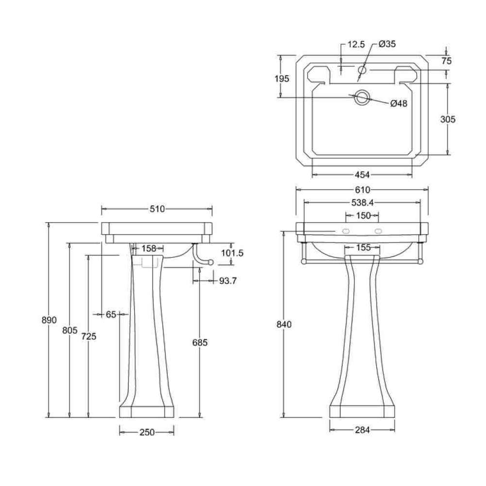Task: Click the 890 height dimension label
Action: click(49, 320)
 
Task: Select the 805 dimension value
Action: click(69, 330)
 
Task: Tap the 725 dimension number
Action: click(89, 336)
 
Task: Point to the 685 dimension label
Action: click(200, 342)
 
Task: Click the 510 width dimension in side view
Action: click(157, 209)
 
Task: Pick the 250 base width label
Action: click(147, 432)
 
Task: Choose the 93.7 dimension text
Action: click(228, 280)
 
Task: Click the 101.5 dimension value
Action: click(232, 253)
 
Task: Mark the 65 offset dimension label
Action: click(111, 314)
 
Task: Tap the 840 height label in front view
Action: click(284, 324)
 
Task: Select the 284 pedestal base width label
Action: click(363, 430)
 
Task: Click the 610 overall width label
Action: click(363, 190)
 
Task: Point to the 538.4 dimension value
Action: click(363, 202)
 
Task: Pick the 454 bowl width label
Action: click(363, 175)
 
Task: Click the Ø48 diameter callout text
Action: click(399, 103)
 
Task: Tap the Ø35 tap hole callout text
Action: click(387, 44)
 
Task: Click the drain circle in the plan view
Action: click(362, 97)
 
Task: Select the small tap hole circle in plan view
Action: click(362, 69)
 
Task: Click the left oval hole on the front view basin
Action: click(346, 231)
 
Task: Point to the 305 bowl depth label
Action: click(448, 119)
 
